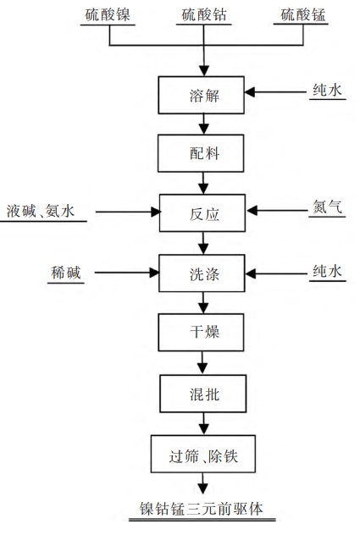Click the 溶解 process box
[202, 95]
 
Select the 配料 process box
[201, 153]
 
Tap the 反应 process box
[202, 213]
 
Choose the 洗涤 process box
[202, 273]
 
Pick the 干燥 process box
[201, 333]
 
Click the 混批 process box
[203, 394]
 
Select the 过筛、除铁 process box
[203, 454]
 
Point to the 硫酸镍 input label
[108, 15]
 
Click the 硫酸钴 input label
[204, 15]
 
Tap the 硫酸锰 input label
[303, 15]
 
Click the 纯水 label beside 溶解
[327, 90]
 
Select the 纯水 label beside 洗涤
[327, 272]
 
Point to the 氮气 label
[327, 207]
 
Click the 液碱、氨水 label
[41, 211]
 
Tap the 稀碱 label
[66, 273]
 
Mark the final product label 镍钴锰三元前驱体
[202, 509]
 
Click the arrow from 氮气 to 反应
[277, 211]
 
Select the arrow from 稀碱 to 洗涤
[127, 273]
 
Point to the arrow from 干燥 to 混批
[202, 362]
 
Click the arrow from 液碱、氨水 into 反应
[128, 212]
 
